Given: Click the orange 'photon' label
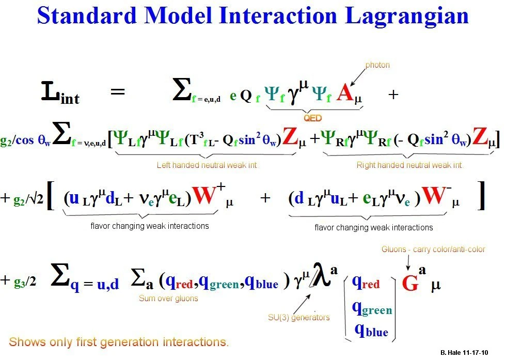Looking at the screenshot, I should pos(377,65).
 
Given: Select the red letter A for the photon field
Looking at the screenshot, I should pos(346,94).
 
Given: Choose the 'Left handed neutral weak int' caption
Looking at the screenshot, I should pos(207,165).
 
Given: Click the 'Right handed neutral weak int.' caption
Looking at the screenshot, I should pos(410,165).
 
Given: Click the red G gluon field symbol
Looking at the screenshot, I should pos(410,284).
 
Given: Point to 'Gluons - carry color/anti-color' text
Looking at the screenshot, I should pos(433,249).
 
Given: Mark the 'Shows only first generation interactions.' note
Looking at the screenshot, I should pos(119,342).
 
